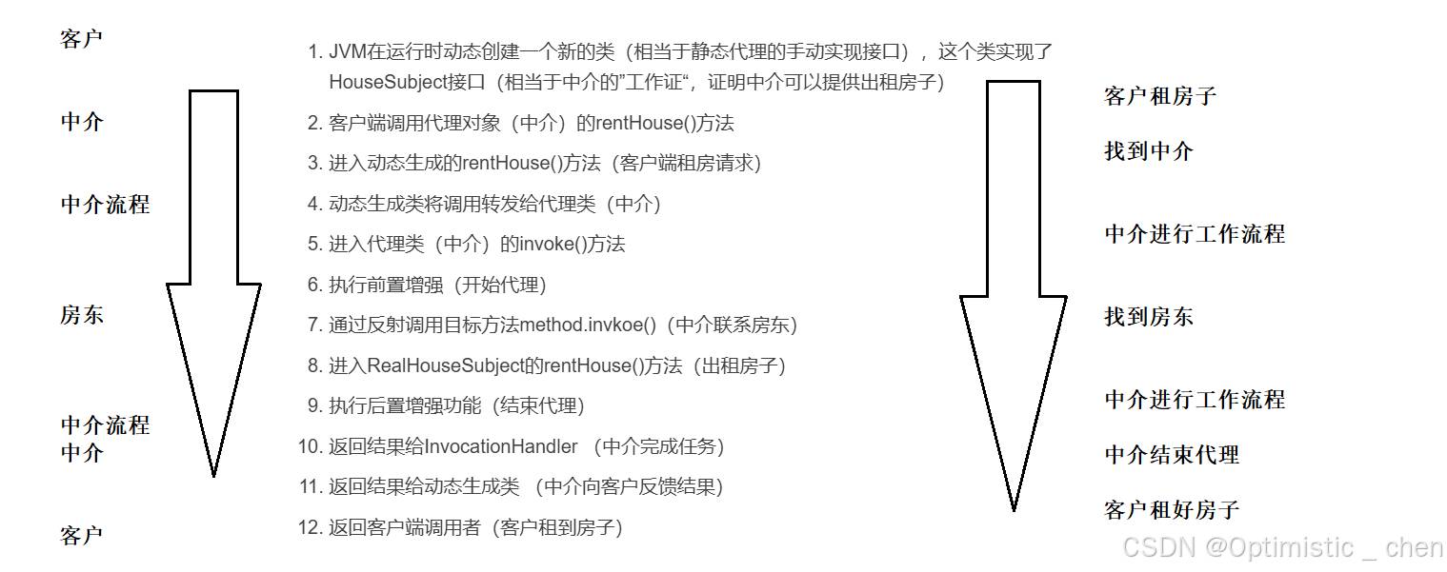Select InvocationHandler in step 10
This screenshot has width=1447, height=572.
[501, 446]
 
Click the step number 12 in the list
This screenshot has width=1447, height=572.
[309, 527]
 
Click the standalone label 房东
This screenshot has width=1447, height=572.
[82, 316]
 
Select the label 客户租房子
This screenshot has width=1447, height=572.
[1159, 96]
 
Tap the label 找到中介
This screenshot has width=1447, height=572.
[1148, 151]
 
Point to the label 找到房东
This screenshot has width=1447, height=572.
[1148, 317]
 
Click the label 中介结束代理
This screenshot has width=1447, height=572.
[1172, 455]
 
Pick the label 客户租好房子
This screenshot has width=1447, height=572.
[1172, 510]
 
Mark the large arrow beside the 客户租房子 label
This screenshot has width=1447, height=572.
[1013, 286]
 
